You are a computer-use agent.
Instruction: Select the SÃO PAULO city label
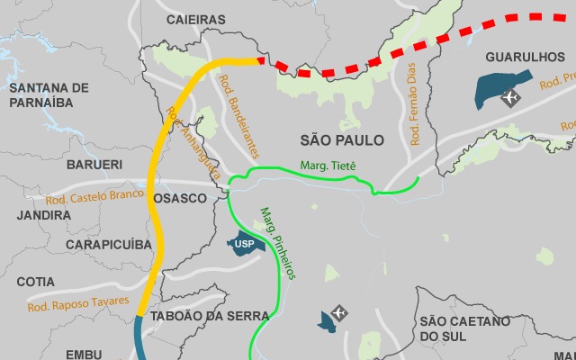[x=342, y=140]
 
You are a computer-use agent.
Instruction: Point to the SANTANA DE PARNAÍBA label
[x=50, y=94]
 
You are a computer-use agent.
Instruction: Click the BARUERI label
[x=94, y=165]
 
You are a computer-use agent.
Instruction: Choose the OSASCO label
[x=180, y=198]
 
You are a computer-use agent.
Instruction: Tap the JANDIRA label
[x=43, y=216]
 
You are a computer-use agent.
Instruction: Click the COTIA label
[x=35, y=281]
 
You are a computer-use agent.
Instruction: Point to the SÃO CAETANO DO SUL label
[x=464, y=328]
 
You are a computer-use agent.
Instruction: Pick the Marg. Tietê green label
[x=328, y=166]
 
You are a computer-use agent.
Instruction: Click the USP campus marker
[x=244, y=243]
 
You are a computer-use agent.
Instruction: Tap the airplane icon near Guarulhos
[x=511, y=96]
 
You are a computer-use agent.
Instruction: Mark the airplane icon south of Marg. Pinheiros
[x=339, y=312]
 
